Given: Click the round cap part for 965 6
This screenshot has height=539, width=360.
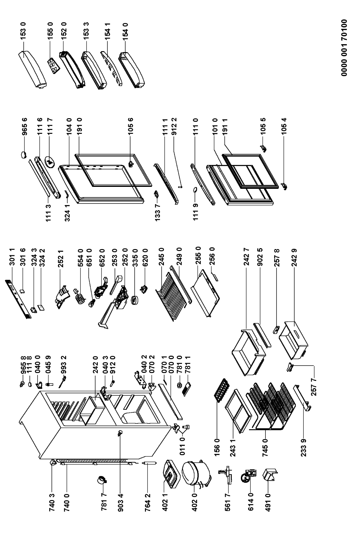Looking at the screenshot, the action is (24, 154).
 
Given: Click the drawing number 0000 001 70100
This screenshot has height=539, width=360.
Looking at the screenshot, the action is (344, 48).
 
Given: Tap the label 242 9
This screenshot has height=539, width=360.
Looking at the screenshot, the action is (294, 258).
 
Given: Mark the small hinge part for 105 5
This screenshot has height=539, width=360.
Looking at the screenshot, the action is (264, 149).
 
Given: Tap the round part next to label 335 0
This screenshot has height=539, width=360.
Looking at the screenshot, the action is (134, 300).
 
